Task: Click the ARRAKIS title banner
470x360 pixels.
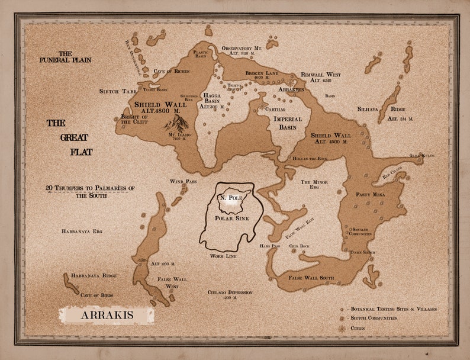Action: (106, 315)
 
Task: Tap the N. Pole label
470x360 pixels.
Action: (230, 197)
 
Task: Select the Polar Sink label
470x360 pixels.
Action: (231, 218)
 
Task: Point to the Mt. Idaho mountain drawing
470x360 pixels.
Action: (176, 122)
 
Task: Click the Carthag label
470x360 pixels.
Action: (275, 110)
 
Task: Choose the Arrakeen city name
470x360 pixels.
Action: (291, 89)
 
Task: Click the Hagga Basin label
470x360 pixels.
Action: (212, 101)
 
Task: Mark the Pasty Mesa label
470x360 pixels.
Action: (370, 194)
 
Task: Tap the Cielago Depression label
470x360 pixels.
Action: (230, 294)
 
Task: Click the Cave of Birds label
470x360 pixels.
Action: (96, 295)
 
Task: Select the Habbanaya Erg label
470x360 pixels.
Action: (82, 231)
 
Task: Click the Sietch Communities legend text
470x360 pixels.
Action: (373, 319)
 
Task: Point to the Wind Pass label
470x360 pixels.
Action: (182, 181)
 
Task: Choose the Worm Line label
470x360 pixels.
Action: (223, 256)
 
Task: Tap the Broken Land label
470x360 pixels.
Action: (262, 73)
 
